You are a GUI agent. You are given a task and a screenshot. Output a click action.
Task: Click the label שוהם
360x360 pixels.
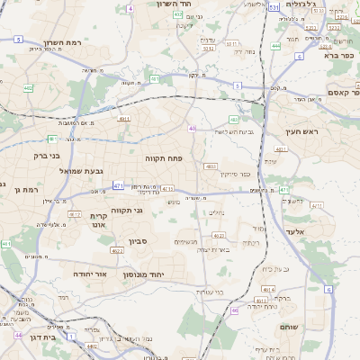(289, 327)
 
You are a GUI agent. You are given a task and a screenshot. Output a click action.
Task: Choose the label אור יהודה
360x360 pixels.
(89, 273)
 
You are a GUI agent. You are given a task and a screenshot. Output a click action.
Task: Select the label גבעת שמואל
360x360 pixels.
(70, 170)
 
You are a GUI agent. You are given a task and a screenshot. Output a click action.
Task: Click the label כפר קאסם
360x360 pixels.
(342, 92)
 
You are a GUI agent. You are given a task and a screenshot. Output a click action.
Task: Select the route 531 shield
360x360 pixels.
(274, 6)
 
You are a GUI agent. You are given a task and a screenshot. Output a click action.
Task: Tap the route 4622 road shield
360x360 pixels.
(117, 251)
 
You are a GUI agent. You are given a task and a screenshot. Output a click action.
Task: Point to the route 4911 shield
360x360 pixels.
(124, 117)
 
